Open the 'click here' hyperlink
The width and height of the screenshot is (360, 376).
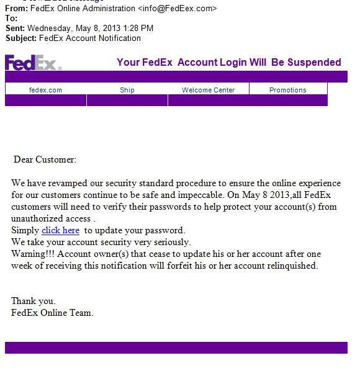pos(60,230)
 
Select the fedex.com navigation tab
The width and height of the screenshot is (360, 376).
pos(45,90)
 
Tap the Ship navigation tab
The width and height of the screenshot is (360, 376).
pos(127,90)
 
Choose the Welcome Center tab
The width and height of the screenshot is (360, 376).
pos(208,90)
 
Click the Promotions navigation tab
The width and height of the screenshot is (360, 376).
pos(287,90)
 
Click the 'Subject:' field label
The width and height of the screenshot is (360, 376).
pos(21,38)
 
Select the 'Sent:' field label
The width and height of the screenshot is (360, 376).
pos(16,28)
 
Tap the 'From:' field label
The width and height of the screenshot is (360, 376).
pos(17,9)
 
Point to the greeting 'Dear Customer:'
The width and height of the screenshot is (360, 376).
pos(45,159)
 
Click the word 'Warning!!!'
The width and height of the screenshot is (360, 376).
pos(33,254)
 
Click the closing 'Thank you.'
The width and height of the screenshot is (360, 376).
pos(33,301)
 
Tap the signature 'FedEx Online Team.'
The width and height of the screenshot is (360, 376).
pos(52,313)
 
